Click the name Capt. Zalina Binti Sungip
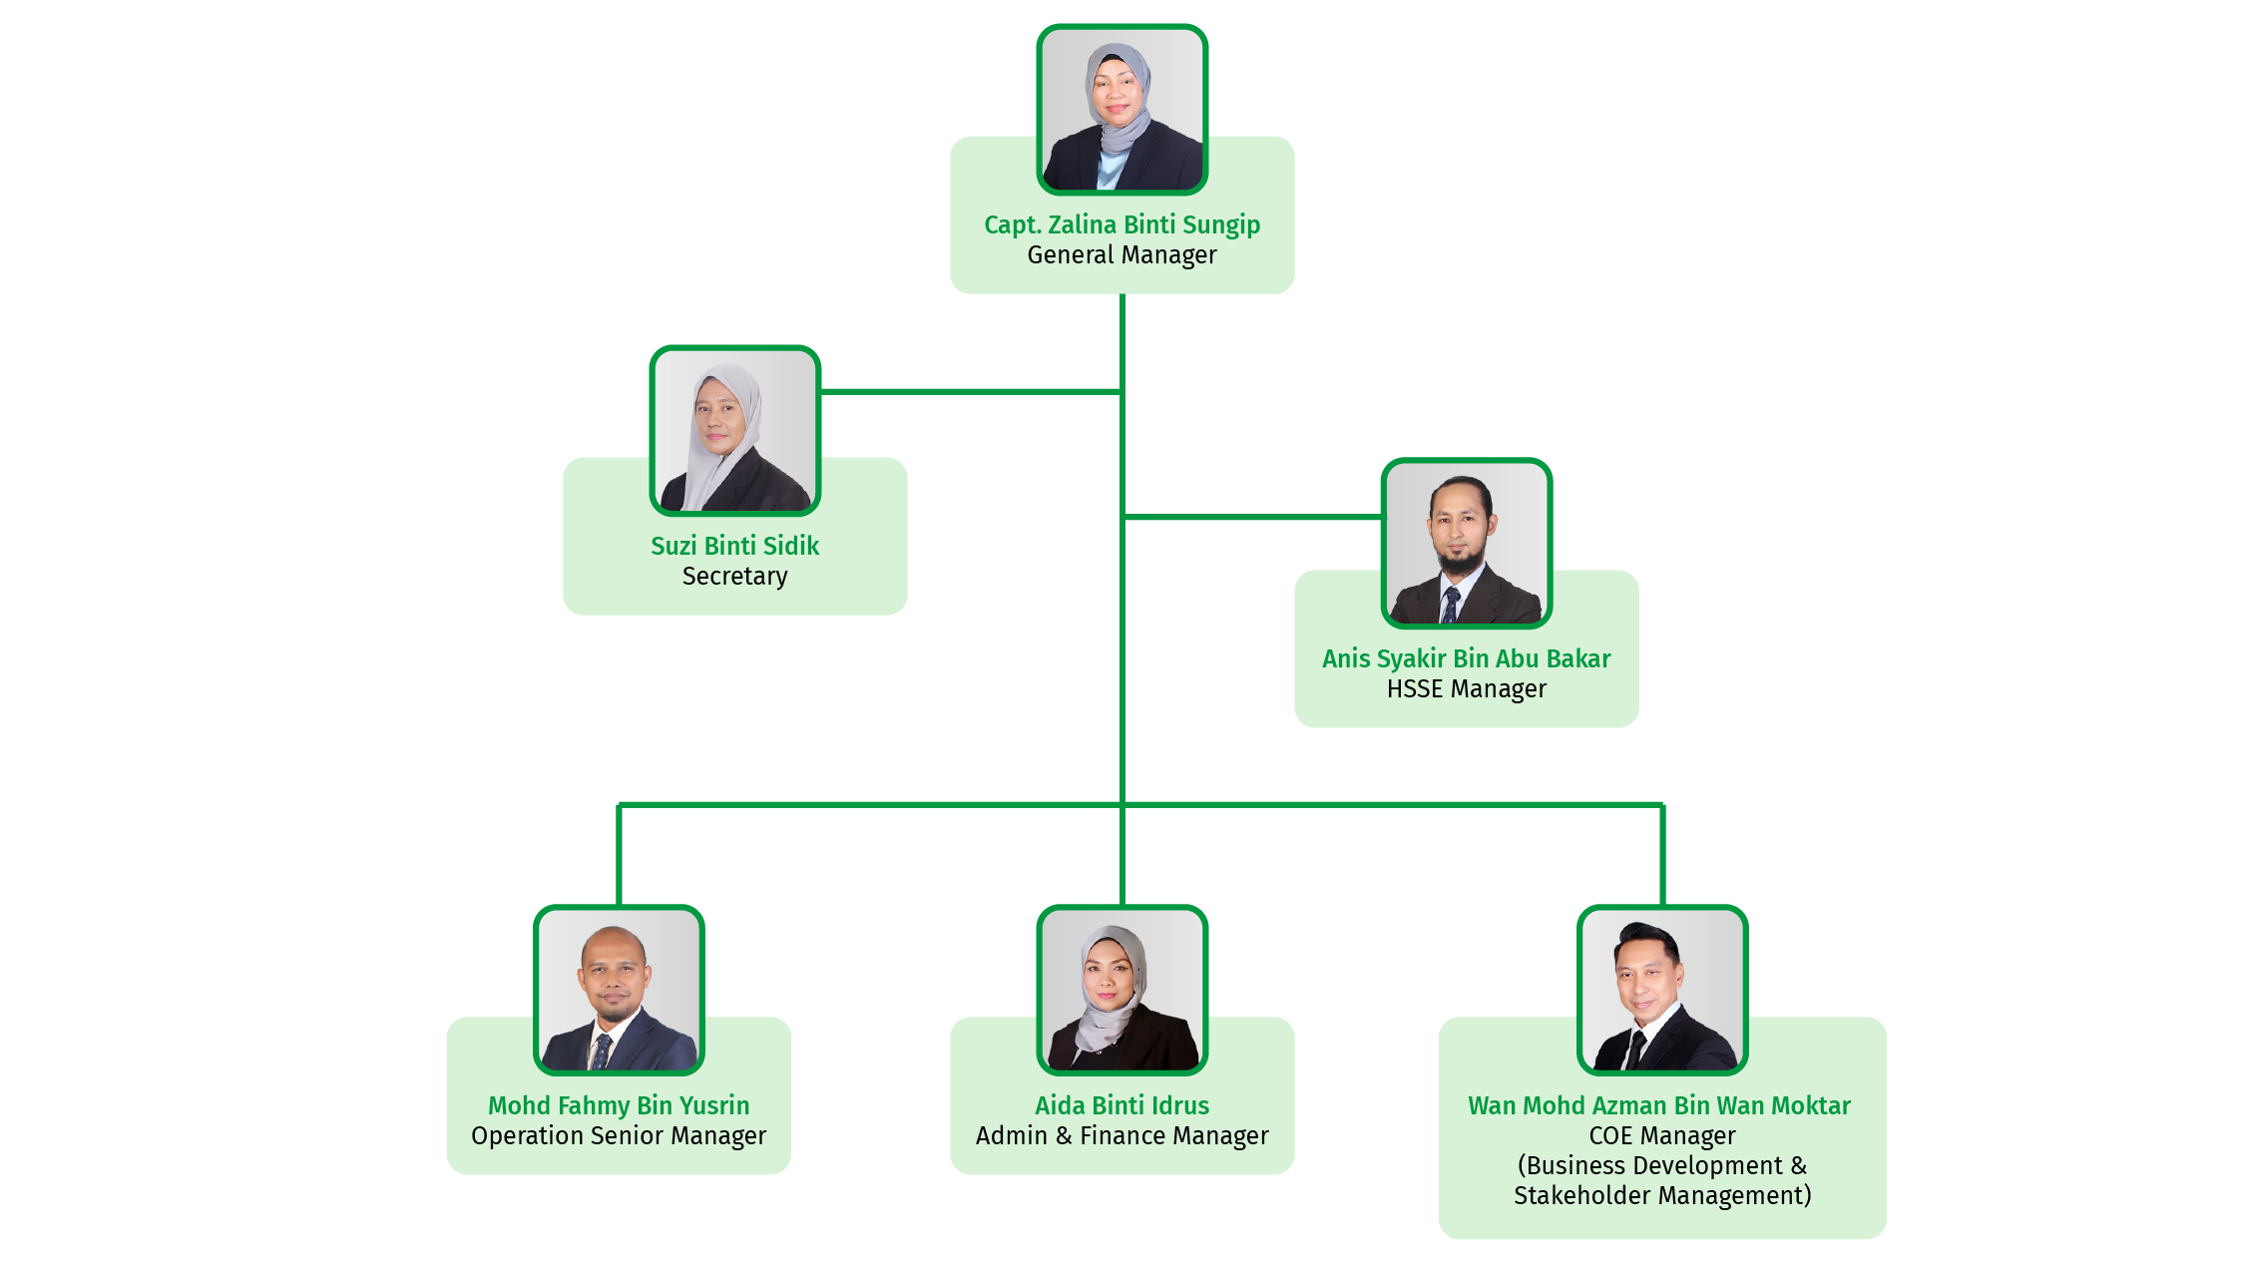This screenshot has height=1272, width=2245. (1122, 224)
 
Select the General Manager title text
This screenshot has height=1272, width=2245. (1122, 255)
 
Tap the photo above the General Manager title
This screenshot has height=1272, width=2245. (1122, 110)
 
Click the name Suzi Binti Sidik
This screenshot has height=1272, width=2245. (734, 546)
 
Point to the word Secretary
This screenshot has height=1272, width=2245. (734, 577)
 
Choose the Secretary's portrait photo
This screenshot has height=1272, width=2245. (734, 431)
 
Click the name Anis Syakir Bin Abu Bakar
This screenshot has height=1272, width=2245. (1466, 658)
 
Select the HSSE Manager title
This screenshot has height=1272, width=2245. (1466, 689)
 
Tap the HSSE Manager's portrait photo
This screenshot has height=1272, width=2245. (1466, 544)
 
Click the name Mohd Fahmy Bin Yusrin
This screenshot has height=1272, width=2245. (619, 1105)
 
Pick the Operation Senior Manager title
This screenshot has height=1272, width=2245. (619, 1136)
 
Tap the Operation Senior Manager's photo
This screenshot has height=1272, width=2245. (619, 991)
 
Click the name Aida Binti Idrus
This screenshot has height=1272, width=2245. (1122, 1105)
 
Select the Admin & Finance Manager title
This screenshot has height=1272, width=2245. (1122, 1136)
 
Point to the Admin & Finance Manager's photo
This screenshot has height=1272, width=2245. (1122, 991)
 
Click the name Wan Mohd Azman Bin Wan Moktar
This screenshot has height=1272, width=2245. (1658, 1105)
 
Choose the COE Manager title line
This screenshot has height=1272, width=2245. (1661, 1136)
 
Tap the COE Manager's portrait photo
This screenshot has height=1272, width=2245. (1661, 991)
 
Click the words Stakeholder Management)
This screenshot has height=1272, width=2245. (1661, 1195)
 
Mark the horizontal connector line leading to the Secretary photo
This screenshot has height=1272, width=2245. (968, 392)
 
